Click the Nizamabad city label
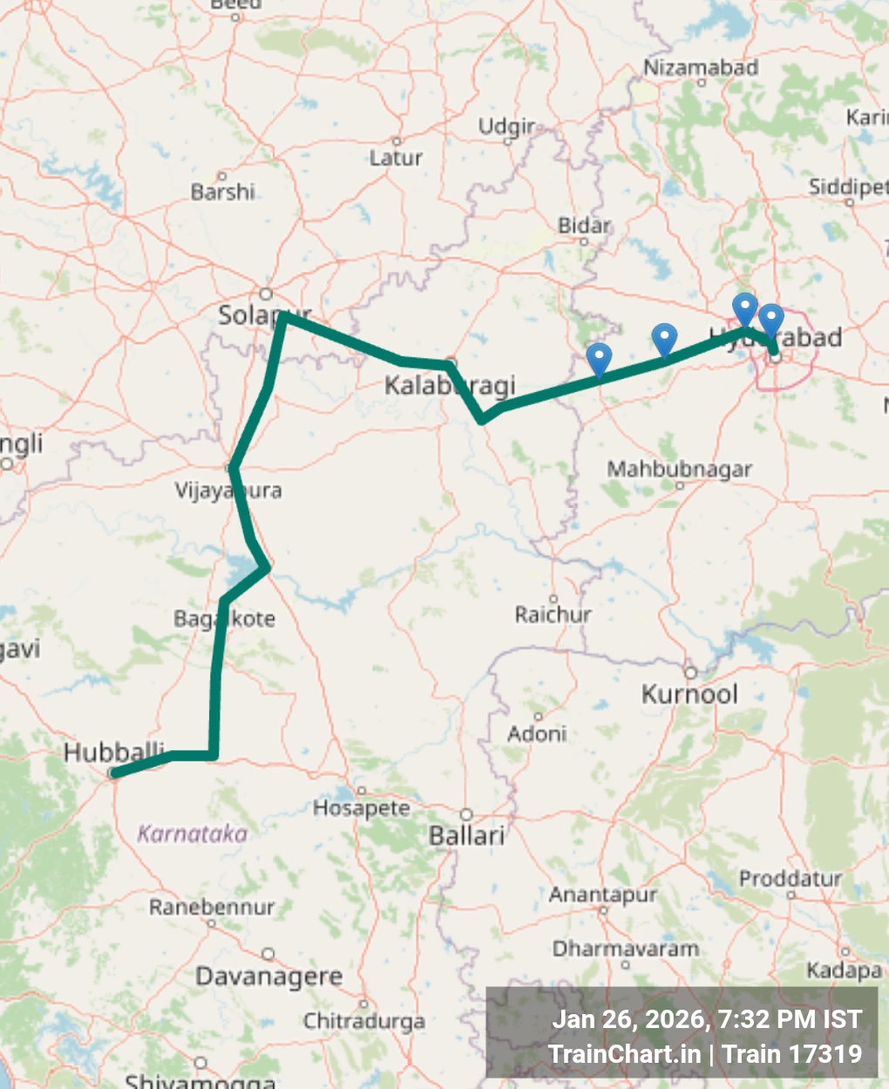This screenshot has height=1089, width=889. (x=701, y=67)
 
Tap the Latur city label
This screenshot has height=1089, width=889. (x=396, y=158)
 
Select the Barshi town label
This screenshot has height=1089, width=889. (x=223, y=191)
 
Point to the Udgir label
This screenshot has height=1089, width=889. (x=506, y=126)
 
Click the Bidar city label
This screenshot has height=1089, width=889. (x=584, y=226)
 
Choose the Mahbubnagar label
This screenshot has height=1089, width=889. (x=679, y=469)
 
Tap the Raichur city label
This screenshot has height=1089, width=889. (x=553, y=614)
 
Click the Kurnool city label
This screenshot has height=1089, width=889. (x=689, y=694)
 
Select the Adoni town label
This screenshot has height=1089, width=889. (x=537, y=734)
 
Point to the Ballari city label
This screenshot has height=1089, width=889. (x=466, y=835)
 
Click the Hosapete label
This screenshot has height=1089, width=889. (x=361, y=808)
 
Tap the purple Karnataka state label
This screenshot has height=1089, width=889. (x=193, y=834)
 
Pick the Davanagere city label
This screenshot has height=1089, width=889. (x=268, y=976)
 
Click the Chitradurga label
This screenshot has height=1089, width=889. (x=364, y=1020)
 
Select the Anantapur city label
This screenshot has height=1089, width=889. (x=602, y=895)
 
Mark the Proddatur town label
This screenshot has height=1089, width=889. (x=791, y=878)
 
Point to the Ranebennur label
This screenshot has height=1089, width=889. (x=212, y=907)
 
